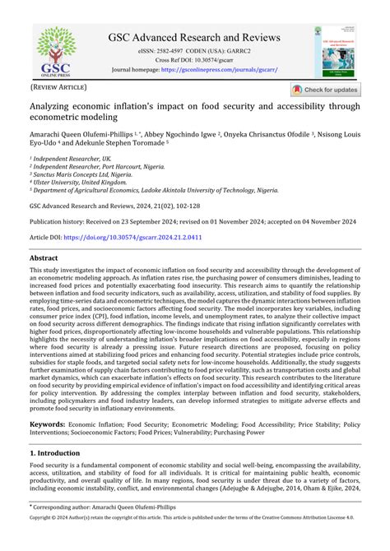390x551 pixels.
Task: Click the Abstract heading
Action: tap(44, 257)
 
